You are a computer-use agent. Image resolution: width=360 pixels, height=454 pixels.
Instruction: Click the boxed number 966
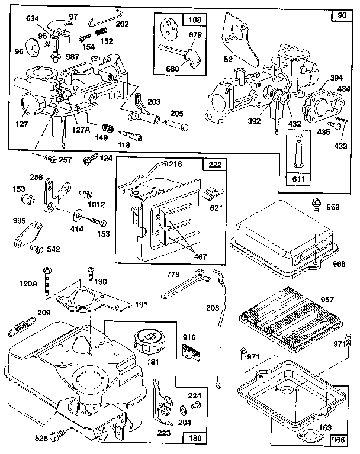(x=338, y=439)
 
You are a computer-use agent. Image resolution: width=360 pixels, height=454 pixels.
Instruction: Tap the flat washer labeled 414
(x=78, y=212)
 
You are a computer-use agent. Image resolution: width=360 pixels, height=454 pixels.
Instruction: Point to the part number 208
(x=212, y=307)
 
